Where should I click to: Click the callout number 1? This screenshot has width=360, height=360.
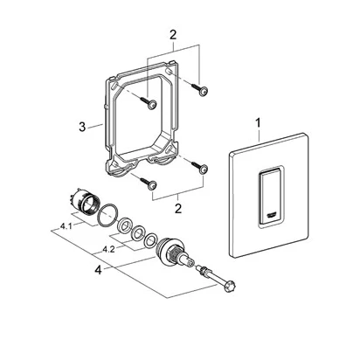(x=258, y=123)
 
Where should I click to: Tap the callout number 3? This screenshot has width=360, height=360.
(x=82, y=127)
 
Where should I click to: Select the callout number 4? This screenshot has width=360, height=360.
(x=99, y=270)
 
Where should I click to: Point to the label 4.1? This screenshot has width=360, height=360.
(x=66, y=226)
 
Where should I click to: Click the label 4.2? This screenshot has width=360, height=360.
(x=108, y=250)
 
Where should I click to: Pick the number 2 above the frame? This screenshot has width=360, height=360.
(x=173, y=36)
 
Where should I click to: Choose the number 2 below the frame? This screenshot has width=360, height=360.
(x=178, y=208)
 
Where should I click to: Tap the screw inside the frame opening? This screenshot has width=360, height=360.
(x=149, y=103)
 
